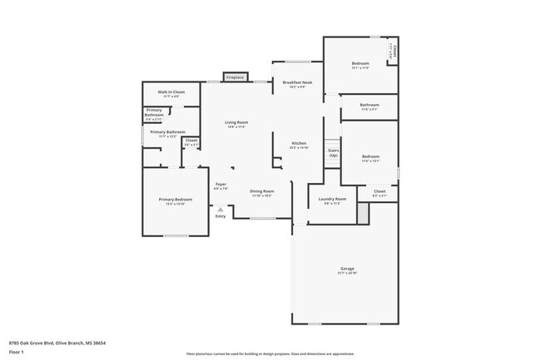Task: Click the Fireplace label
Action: click(x=235, y=77)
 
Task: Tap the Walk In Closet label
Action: click(x=171, y=92)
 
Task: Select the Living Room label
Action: click(x=236, y=123)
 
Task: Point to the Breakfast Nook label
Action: click(x=297, y=83)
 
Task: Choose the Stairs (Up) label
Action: click(x=333, y=153)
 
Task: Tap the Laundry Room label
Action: click(x=334, y=200)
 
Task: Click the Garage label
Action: click(x=347, y=270)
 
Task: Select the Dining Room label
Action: click(x=262, y=192)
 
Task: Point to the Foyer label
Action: click(x=221, y=185)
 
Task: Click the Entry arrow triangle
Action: click(x=220, y=209)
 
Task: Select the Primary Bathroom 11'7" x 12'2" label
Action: click(x=167, y=133)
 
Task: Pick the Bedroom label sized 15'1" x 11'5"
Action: click(x=360, y=65)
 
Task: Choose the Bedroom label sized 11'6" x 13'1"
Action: click(x=370, y=158)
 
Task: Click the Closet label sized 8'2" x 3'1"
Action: click(x=380, y=193)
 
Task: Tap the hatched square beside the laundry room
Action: click(x=362, y=213)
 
